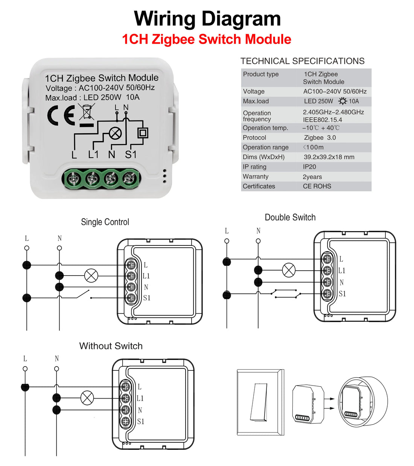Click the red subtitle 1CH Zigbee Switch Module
point(207,39)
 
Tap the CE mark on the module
point(61,116)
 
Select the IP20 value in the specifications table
point(309,167)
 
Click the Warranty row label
point(256,177)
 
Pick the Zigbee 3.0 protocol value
point(320,138)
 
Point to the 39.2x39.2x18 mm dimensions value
point(329,157)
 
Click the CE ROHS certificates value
point(317,186)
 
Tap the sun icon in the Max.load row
point(342,101)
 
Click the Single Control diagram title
point(105,222)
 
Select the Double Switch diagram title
point(290,217)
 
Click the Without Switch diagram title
point(111,346)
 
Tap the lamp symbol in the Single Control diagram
point(91,276)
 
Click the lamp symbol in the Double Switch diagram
point(289,270)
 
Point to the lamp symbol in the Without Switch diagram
point(87,398)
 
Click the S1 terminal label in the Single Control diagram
point(147,298)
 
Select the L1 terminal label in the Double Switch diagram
point(342,271)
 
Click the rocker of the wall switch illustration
point(259,402)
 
